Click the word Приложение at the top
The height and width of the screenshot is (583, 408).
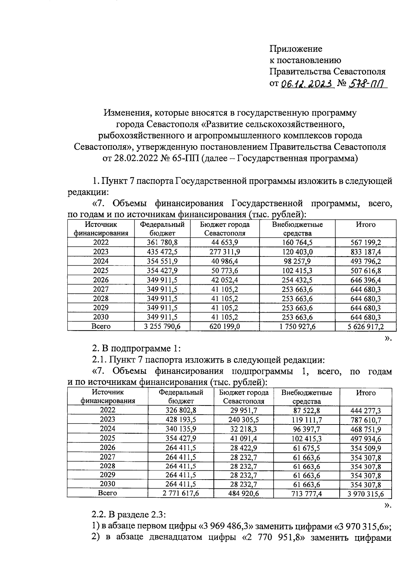pyautogui.click(x=295, y=49)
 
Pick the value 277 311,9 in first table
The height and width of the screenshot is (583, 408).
pyautogui.click(x=224, y=252)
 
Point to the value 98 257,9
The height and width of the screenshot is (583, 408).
pyautogui.click(x=297, y=261)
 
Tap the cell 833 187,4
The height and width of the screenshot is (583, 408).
pyautogui.click(x=365, y=252)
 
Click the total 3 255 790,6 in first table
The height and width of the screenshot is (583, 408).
pyautogui.click(x=162, y=327)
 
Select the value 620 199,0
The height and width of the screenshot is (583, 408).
pyautogui.click(x=224, y=327)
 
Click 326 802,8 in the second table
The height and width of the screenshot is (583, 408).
pyautogui.click(x=181, y=410)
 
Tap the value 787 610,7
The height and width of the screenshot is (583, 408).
pyautogui.click(x=365, y=420)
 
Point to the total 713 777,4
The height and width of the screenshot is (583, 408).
pyautogui.click(x=306, y=493)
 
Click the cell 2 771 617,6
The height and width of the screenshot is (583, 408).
pyautogui.click(x=181, y=493)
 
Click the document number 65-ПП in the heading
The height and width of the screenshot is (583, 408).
pyautogui.click(x=184, y=159)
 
